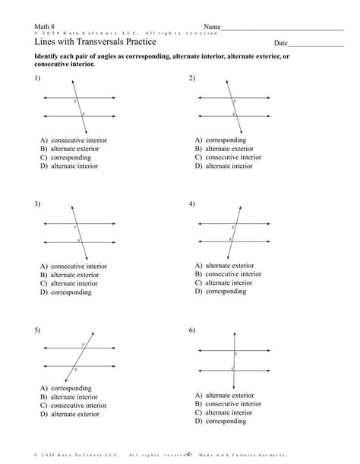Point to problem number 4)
(192, 204)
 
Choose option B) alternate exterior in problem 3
(74, 275)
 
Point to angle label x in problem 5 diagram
(74, 369)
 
